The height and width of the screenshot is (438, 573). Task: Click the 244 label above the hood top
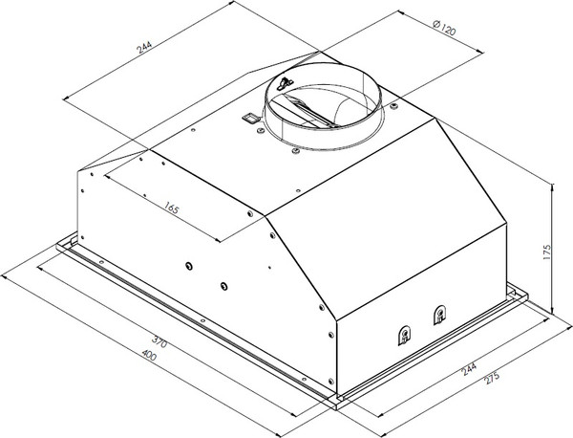point(143,46)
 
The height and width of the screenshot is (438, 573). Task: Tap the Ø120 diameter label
point(444,28)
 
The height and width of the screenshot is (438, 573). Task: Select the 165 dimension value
point(171,208)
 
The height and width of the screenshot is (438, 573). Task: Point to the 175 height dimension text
point(546,252)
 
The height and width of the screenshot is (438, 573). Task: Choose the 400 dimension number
point(149,355)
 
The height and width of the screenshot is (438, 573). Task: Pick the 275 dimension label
point(491,378)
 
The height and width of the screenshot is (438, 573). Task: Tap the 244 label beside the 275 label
point(469,369)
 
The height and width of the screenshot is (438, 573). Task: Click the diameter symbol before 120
point(436,24)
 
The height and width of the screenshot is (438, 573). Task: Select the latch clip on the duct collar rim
point(285,84)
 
